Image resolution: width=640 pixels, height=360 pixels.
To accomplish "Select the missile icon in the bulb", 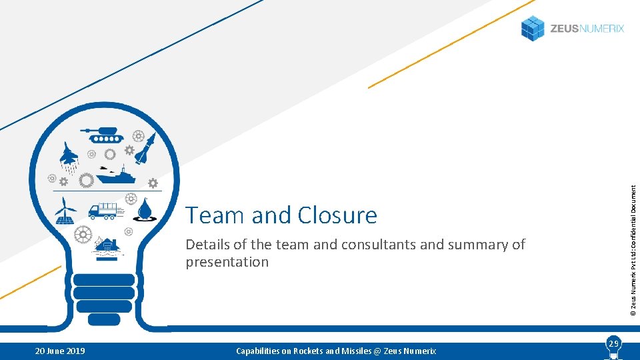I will click(146, 148).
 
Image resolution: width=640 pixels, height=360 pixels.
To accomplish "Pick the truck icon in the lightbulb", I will click(105, 211).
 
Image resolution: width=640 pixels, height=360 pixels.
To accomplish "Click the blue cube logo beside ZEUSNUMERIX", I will click(533, 29).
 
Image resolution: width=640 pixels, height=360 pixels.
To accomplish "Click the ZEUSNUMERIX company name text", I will click(587, 29).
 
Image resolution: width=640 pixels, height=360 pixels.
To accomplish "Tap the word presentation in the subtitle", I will click(227, 262).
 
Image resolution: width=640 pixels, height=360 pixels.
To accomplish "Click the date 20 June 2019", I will click(60, 351).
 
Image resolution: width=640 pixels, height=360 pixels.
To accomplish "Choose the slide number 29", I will click(613, 343).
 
